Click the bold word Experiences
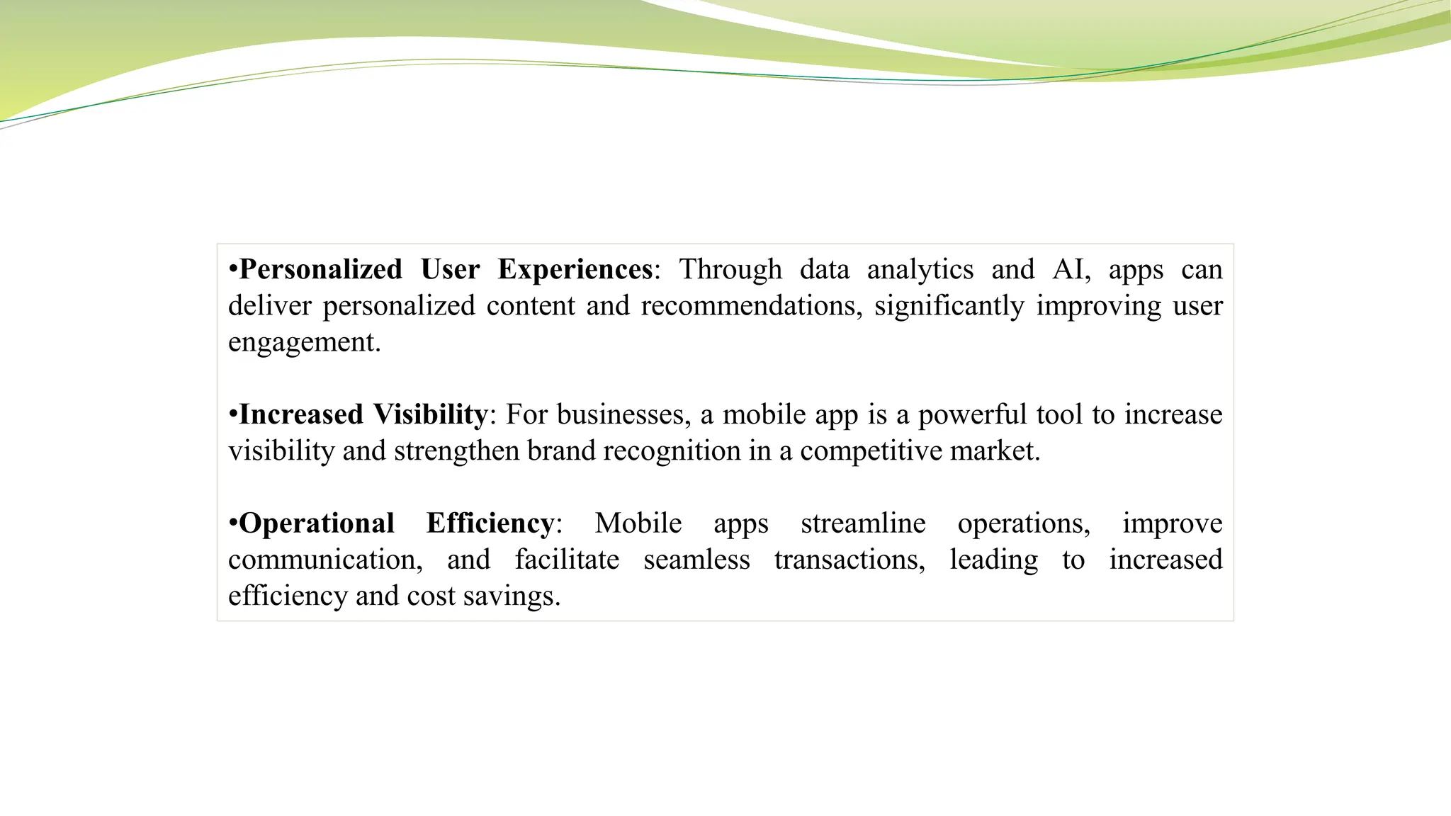[x=575, y=270]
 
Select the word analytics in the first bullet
[x=920, y=270]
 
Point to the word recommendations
[x=751, y=306]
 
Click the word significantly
[x=949, y=306]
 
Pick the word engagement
[x=303, y=343]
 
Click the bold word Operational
[x=317, y=523]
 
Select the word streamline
[x=863, y=523]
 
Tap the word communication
[x=324, y=560]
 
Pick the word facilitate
[x=567, y=560]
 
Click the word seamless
[x=696, y=560]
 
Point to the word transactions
[x=849, y=560]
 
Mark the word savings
[x=511, y=596]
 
